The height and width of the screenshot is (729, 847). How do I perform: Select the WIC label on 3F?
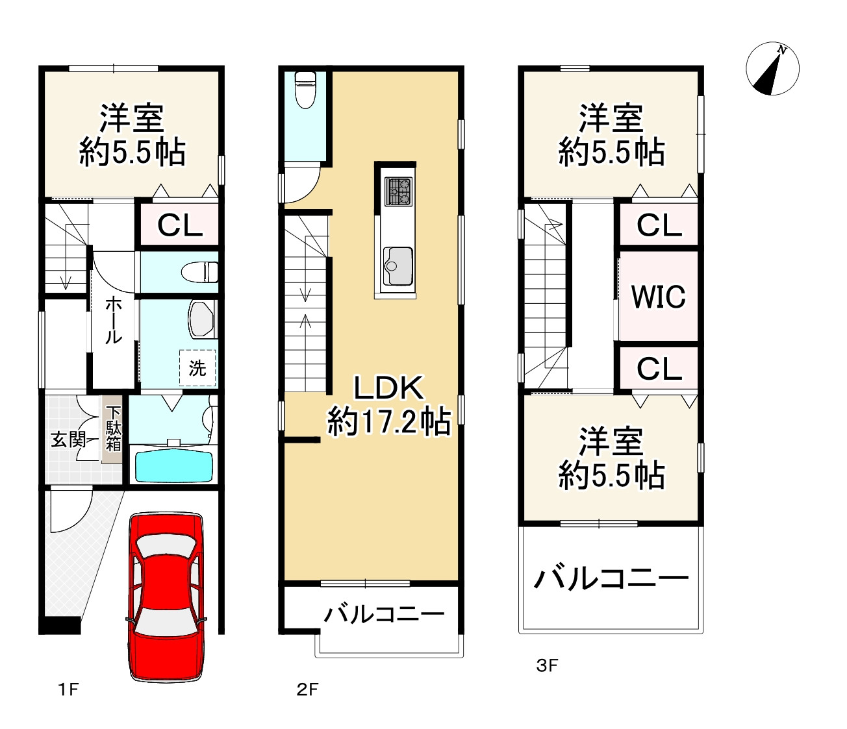(x=659, y=297)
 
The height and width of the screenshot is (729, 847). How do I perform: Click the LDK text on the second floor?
(x=388, y=388)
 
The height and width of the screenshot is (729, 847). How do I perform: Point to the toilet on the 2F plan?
(x=305, y=90)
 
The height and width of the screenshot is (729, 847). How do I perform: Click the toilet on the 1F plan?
(x=199, y=271)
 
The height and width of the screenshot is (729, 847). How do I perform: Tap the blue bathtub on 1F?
(x=173, y=465)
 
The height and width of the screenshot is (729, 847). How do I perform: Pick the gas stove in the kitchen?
(x=398, y=192)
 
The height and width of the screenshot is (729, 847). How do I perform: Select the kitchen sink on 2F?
(x=398, y=266)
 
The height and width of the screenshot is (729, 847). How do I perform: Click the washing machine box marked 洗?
(x=197, y=368)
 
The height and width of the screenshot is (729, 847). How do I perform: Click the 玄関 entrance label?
(x=68, y=440)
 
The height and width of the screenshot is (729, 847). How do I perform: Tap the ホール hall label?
(x=114, y=321)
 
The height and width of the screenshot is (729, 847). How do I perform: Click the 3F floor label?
(x=547, y=665)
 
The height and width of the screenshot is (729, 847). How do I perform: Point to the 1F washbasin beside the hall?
(x=201, y=319)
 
